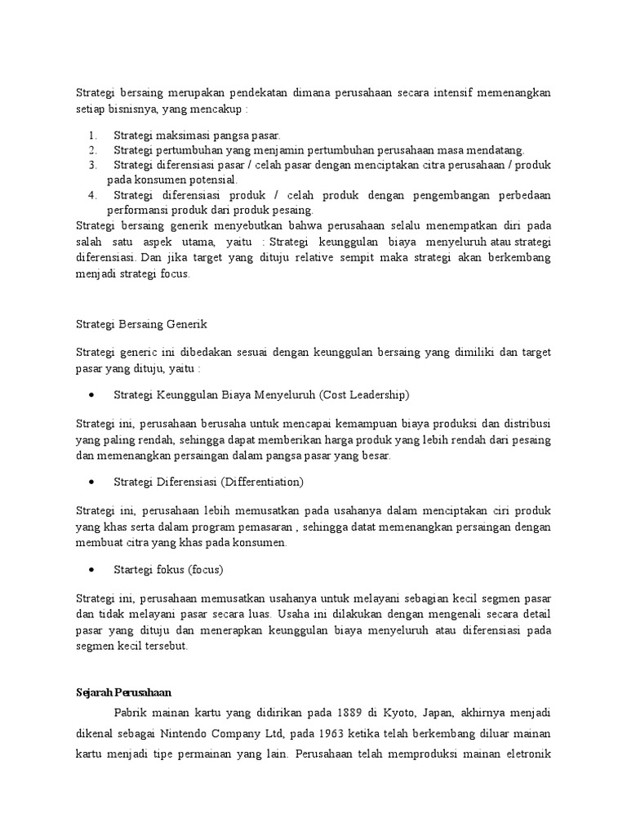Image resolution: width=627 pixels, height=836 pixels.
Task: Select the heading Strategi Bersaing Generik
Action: click(141, 323)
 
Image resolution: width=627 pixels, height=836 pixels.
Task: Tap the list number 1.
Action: click(92, 136)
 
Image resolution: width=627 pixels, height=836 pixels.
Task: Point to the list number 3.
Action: click(92, 165)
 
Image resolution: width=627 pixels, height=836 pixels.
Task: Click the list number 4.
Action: click(92, 194)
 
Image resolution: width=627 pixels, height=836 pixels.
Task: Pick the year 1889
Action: click(353, 712)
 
